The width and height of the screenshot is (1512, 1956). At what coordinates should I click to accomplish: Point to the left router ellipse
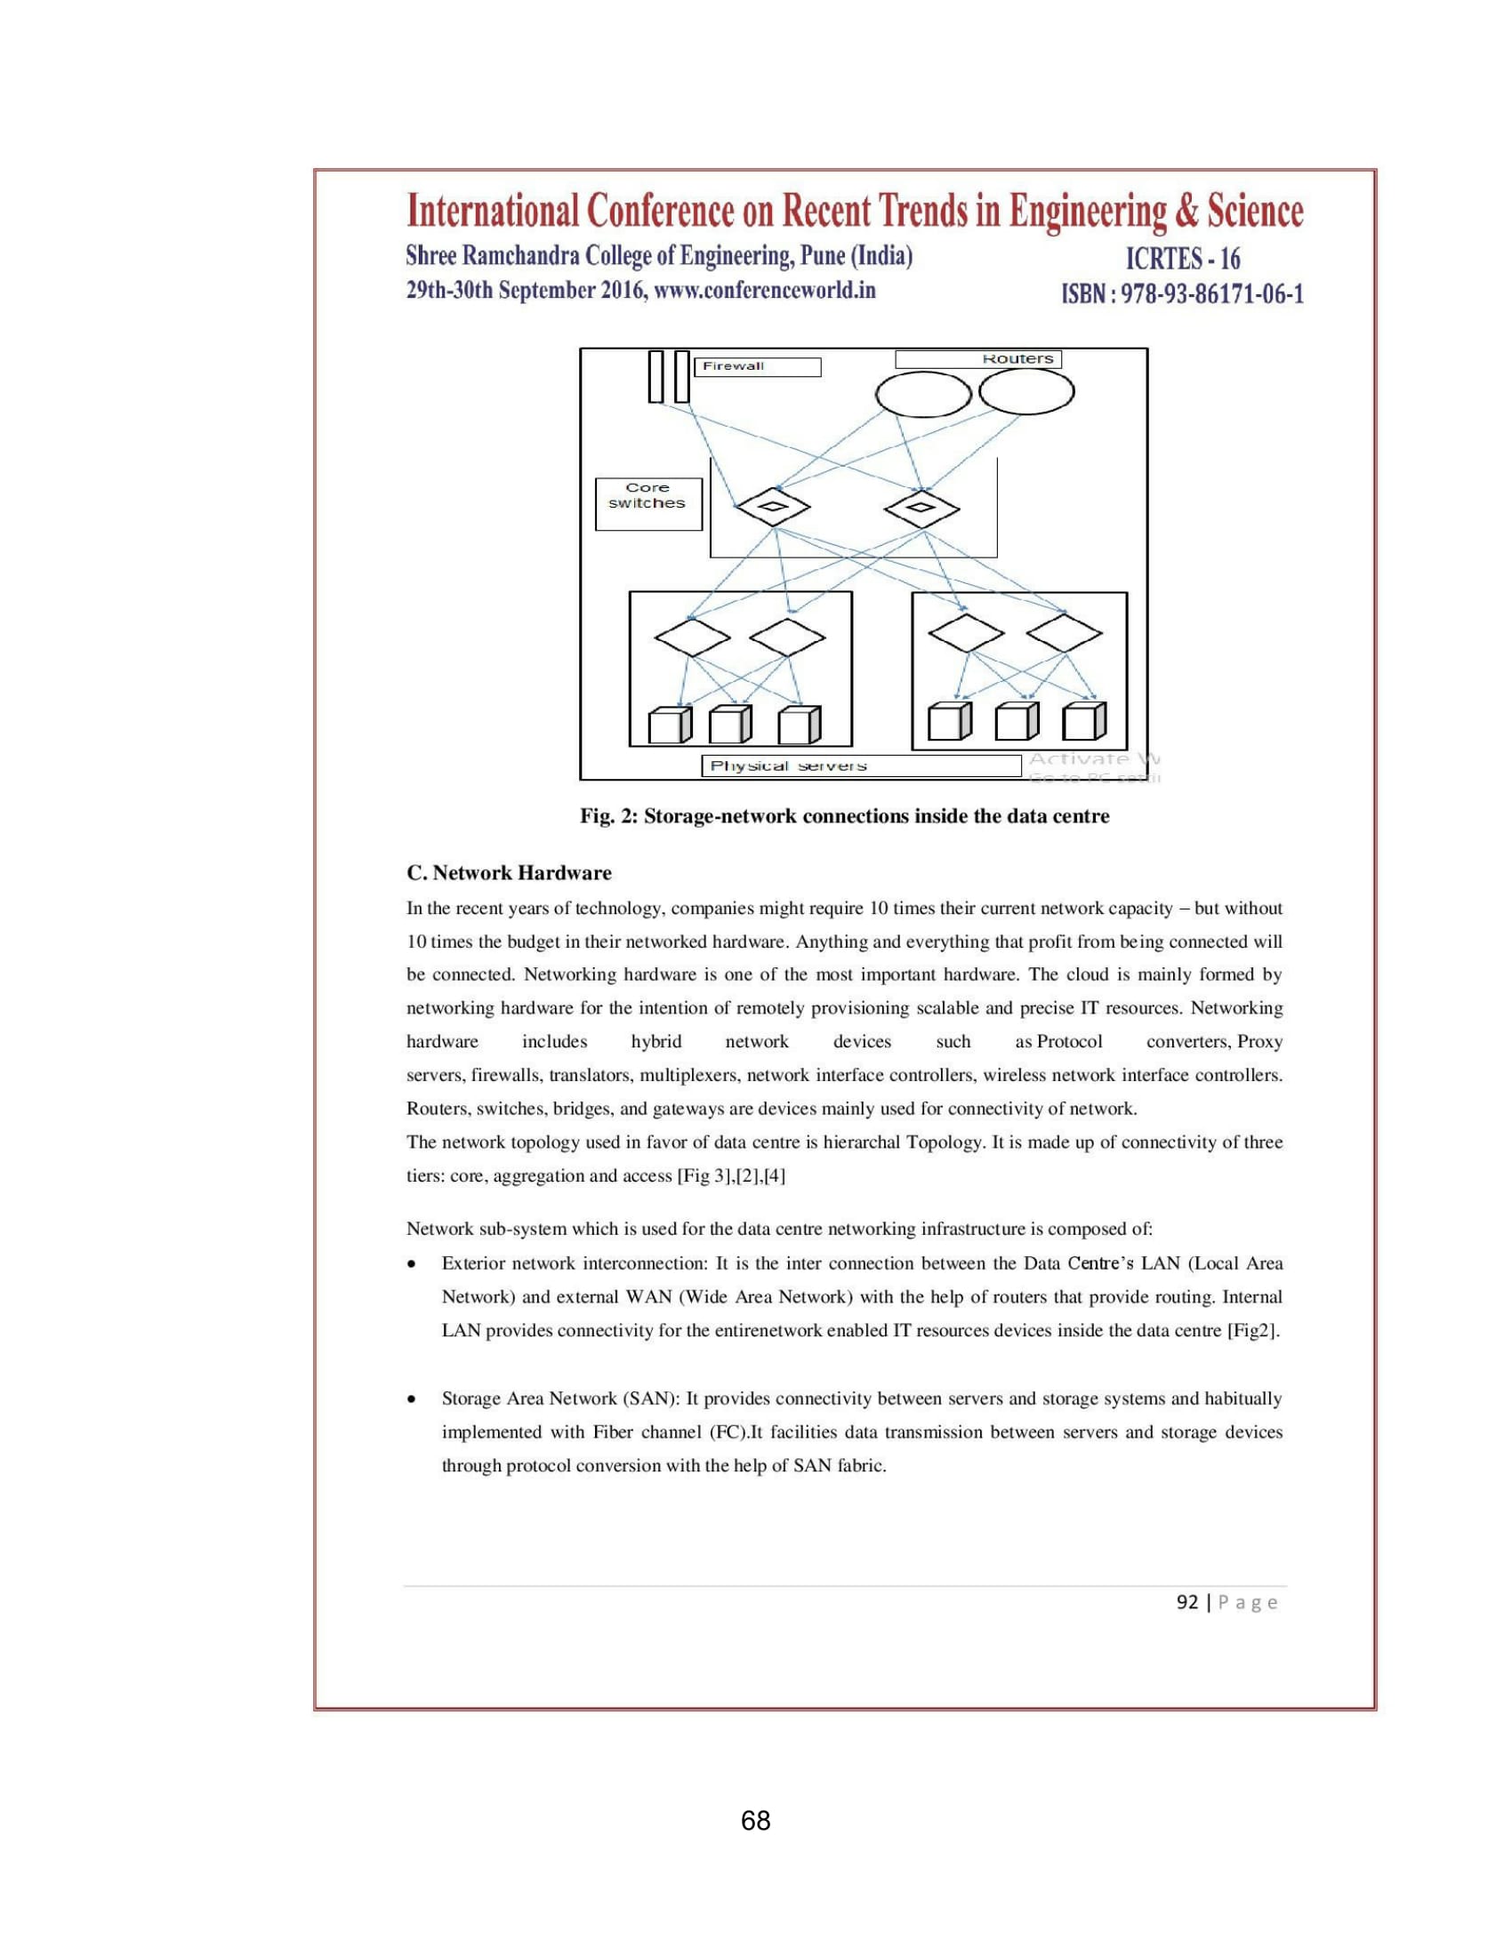click(922, 392)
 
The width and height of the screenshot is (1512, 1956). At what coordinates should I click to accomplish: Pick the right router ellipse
click(1026, 392)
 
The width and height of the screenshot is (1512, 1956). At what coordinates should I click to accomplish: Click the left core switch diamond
click(772, 508)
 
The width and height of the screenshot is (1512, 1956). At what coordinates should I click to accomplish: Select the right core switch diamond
click(921, 509)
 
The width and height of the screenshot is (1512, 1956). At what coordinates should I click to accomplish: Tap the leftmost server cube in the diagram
click(669, 725)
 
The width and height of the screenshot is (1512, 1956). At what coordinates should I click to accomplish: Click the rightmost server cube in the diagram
click(1084, 721)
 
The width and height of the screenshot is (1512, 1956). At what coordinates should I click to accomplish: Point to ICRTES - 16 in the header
click(1182, 259)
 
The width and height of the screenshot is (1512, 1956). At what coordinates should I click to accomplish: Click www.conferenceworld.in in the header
click(766, 290)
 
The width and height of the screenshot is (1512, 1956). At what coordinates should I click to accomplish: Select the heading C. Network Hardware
click(509, 873)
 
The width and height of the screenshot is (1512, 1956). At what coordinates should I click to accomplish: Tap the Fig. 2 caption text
click(844, 816)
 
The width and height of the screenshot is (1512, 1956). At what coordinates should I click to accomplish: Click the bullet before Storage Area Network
click(411, 1399)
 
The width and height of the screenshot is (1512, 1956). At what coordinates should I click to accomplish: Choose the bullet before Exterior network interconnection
click(411, 1264)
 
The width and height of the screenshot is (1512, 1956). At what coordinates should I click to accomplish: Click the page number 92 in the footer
click(1186, 1602)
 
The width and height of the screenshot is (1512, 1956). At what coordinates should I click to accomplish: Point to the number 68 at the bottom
click(756, 1821)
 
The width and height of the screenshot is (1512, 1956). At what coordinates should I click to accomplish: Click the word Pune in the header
click(823, 256)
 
